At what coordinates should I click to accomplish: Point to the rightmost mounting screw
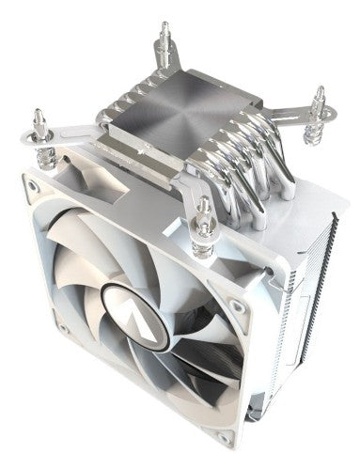[318, 102]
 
